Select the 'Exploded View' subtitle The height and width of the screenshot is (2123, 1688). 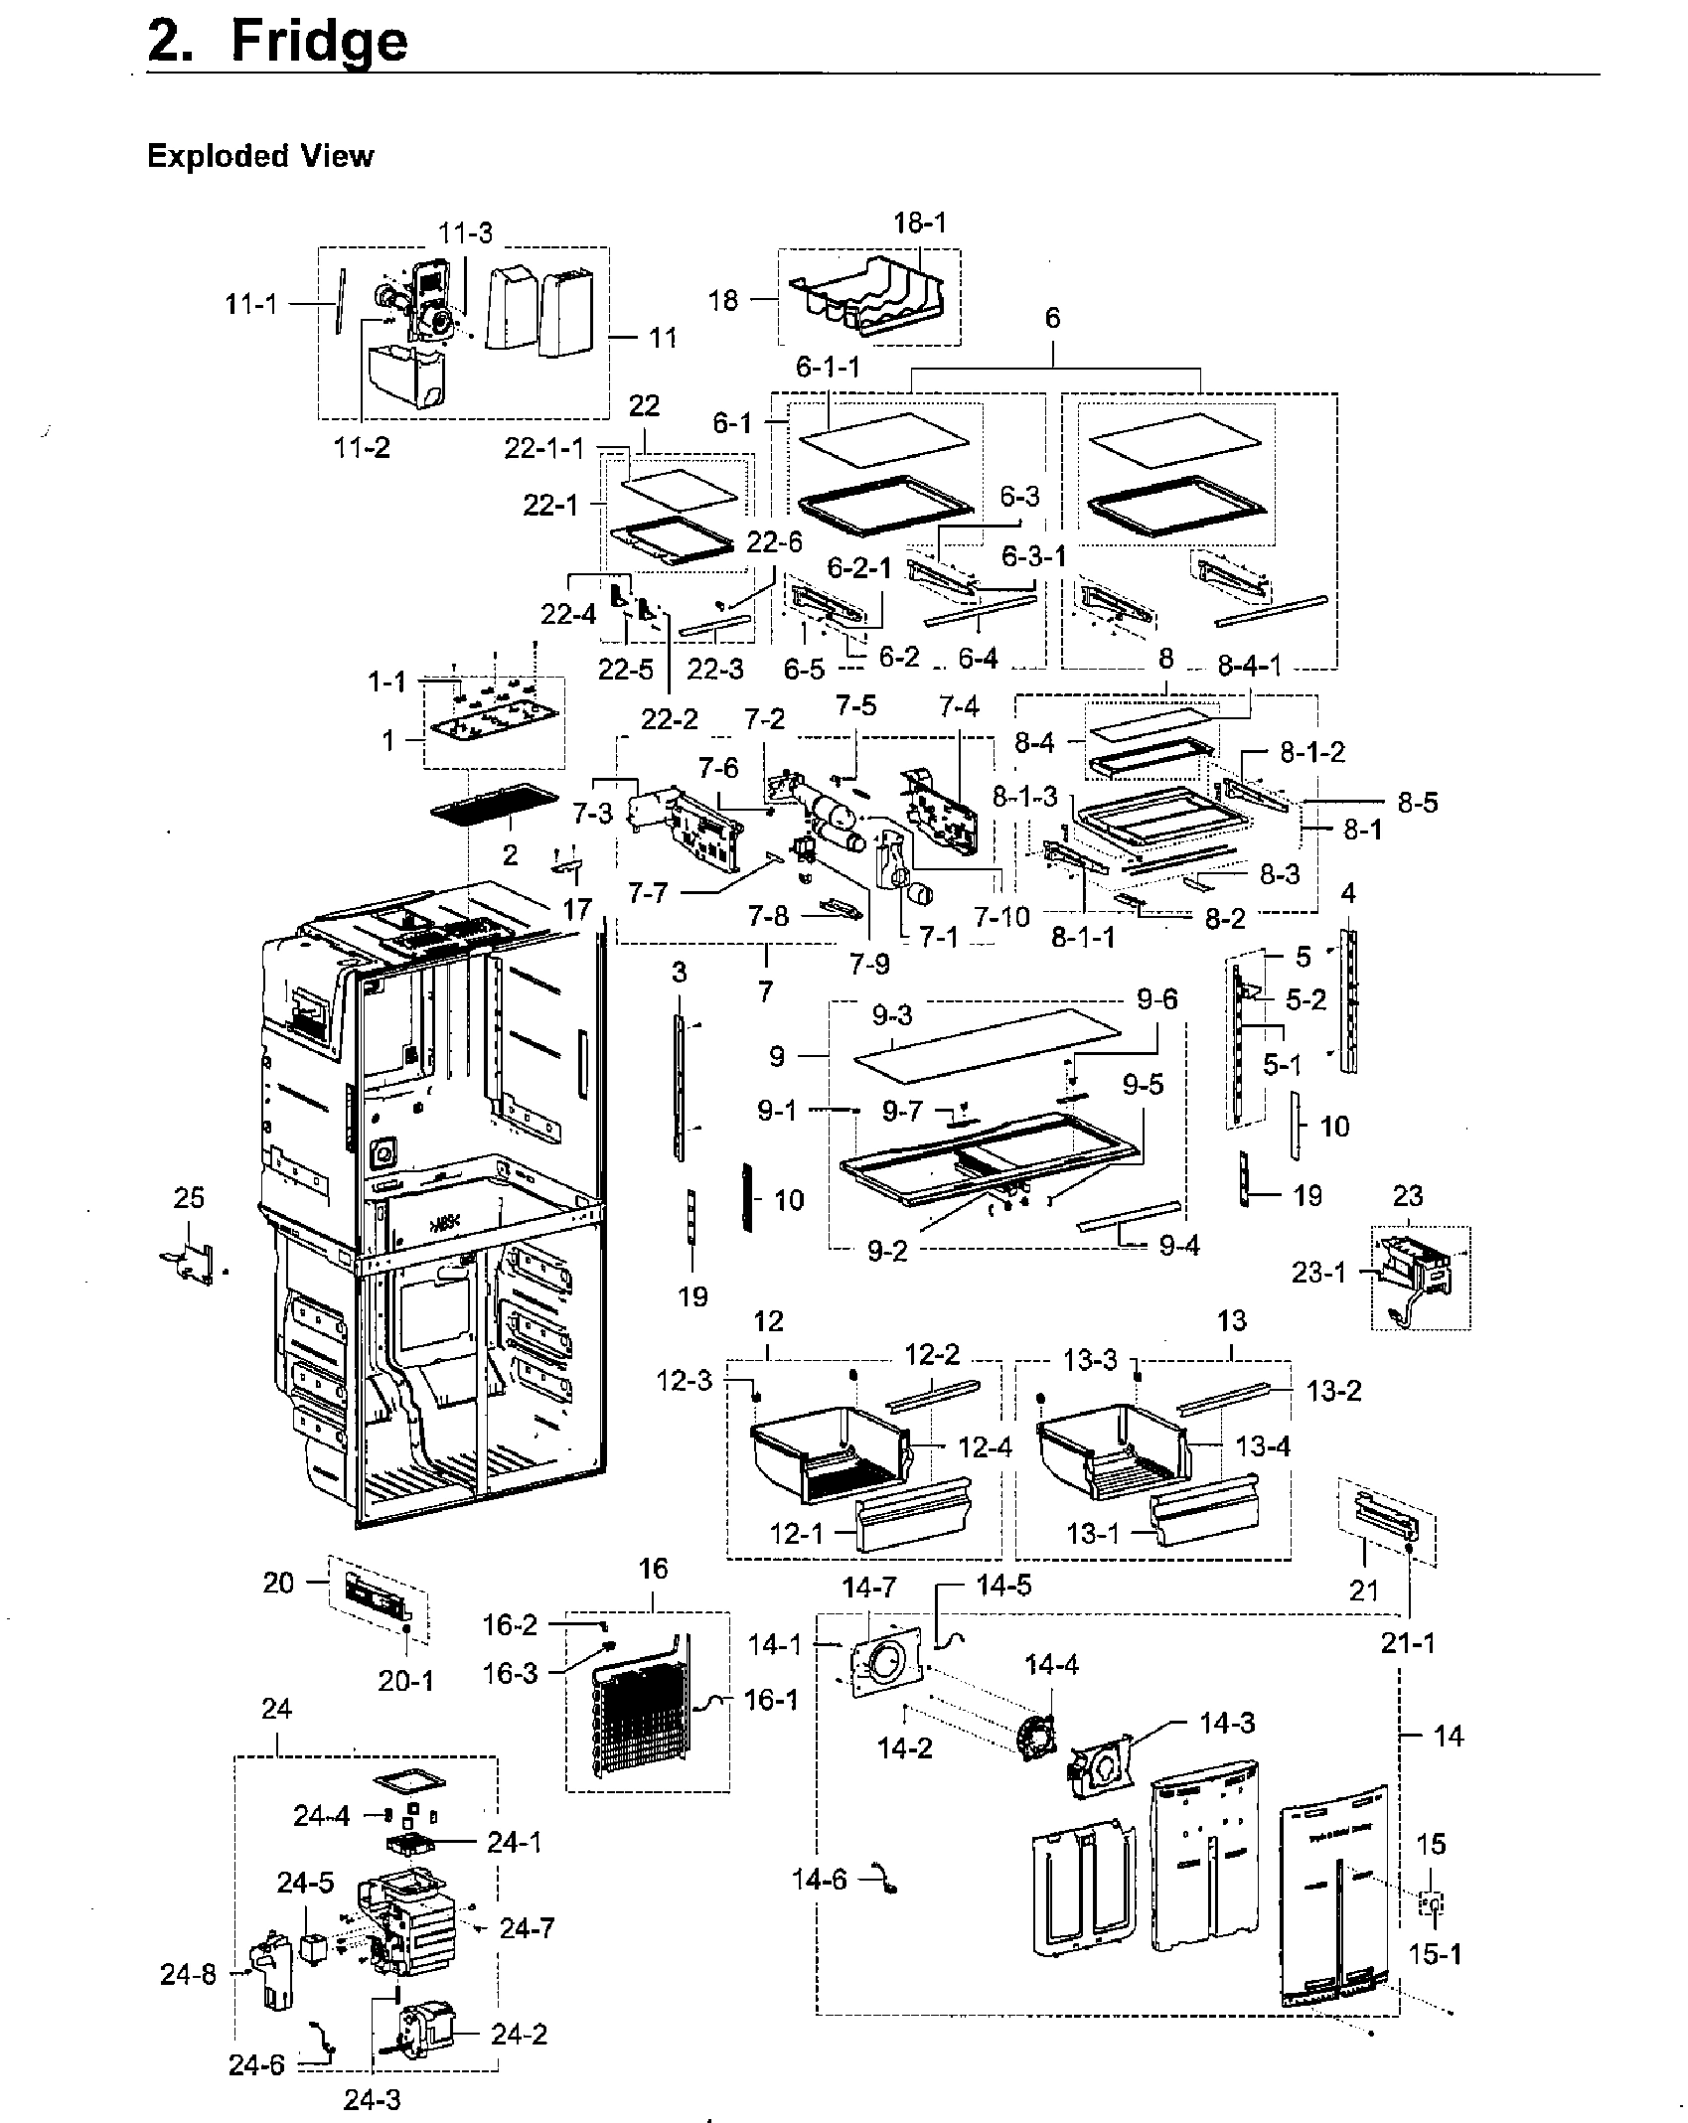[x=260, y=157]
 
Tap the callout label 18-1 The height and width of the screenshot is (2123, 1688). [x=920, y=223]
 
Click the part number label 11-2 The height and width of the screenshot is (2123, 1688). [x=362, y=447]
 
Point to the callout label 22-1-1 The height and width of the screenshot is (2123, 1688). [x=543, y=449]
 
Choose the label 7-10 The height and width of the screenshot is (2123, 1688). [x=1001, y=915]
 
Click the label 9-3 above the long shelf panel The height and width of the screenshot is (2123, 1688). [x=892, y=1015]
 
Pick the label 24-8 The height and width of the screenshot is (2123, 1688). [x=188, y=1976]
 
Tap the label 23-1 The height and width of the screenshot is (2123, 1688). [x=1318, y=1273]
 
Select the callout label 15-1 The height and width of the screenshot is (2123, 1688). [x=1435, y=1954]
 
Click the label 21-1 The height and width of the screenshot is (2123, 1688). [x=1410, y=1644]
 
